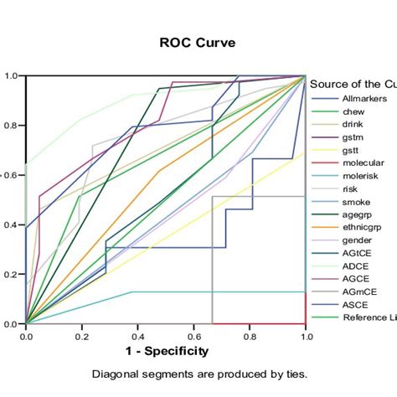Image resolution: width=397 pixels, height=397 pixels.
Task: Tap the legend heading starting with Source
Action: (x=353, y=84)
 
